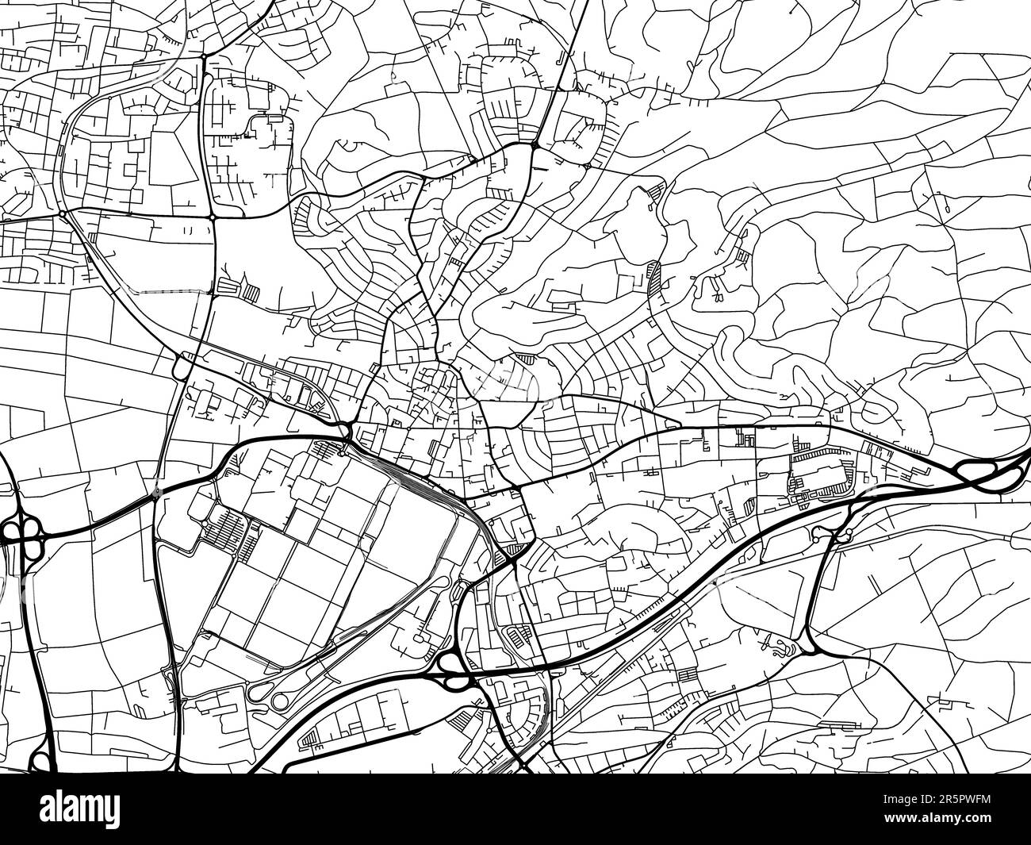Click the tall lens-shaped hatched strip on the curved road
(655, 277)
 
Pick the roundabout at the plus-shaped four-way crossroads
(213, 217)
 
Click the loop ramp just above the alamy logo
(40, 762)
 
